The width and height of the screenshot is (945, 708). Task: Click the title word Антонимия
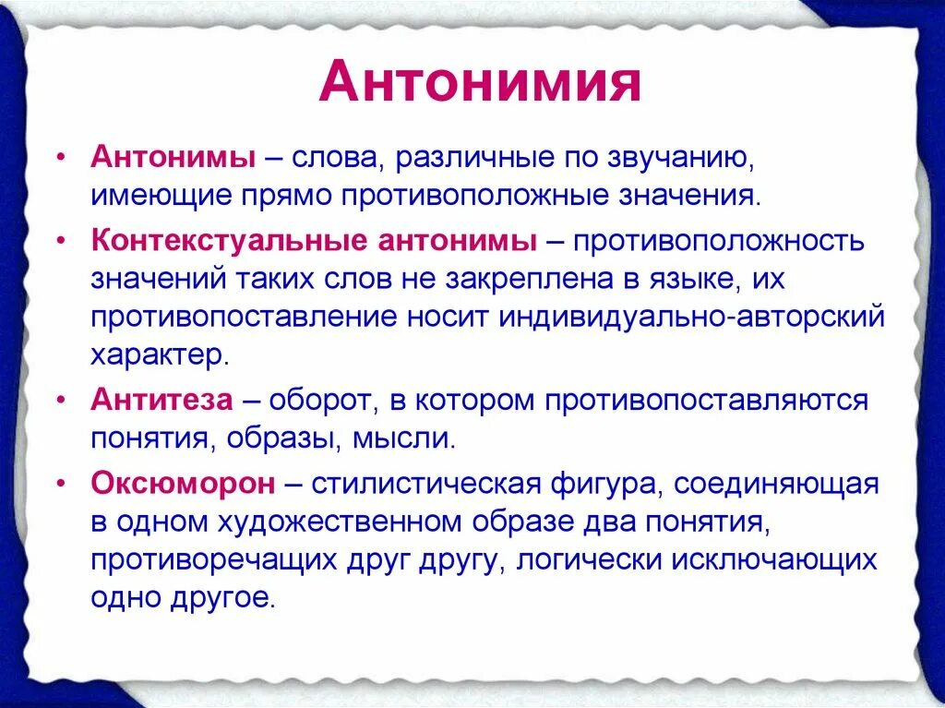coord(480,83)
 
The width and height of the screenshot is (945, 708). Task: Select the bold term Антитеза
coord(161,401)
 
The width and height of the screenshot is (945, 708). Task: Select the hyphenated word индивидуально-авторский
coord(691,316)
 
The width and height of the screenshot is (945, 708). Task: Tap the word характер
coord(156,354)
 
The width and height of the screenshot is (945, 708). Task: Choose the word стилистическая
coord(425,482)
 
